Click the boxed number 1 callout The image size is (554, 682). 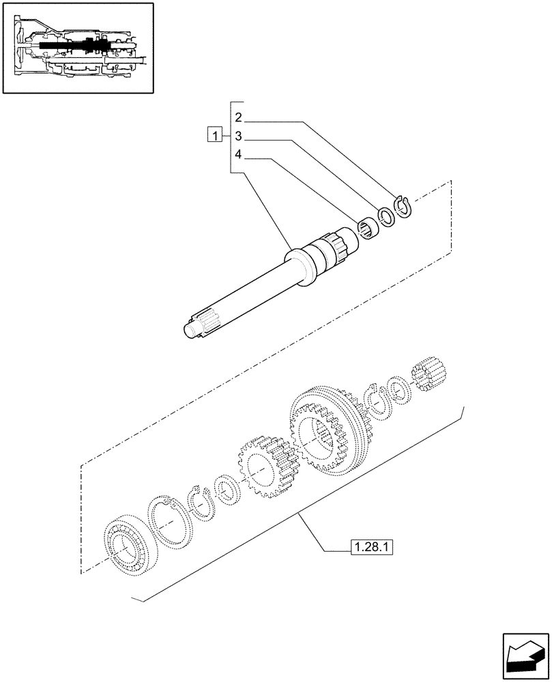[215, 134]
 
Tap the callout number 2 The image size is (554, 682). [238, 117]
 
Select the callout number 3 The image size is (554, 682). [238, 135]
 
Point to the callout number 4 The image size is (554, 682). [238, 155]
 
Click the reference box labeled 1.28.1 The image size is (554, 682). [373, 546]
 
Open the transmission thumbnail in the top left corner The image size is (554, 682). [78, 48]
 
